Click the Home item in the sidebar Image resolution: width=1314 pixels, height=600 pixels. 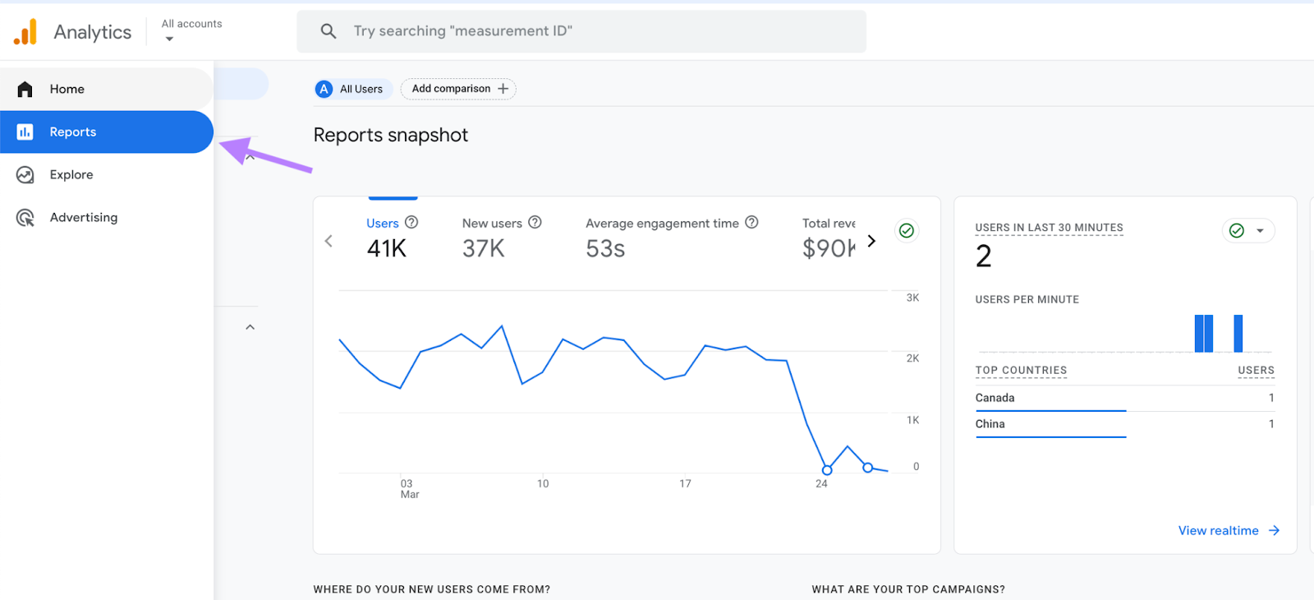(67, 89)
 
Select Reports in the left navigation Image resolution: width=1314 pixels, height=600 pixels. (72, 132)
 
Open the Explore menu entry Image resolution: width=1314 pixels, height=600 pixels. (71, 175)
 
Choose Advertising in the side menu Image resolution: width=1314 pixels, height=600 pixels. (83, 218)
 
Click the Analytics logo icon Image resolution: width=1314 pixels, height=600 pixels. (25, 32)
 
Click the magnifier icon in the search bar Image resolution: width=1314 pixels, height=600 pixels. (328, 31)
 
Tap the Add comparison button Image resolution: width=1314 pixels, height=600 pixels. (458, 89)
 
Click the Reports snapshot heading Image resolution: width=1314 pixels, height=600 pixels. (390, 136)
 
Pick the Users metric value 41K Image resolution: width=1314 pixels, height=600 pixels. (387, 248)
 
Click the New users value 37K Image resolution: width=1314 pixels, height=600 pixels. (483, 248)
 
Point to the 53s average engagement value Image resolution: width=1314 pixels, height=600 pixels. (605, 248)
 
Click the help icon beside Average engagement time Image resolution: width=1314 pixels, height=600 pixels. (751, 223)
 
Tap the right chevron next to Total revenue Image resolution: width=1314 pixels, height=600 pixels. (871, 241)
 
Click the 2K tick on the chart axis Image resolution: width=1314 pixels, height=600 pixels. (912, 358)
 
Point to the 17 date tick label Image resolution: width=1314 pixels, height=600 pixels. (685, 484)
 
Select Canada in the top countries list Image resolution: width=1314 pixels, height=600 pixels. (995, 398)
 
